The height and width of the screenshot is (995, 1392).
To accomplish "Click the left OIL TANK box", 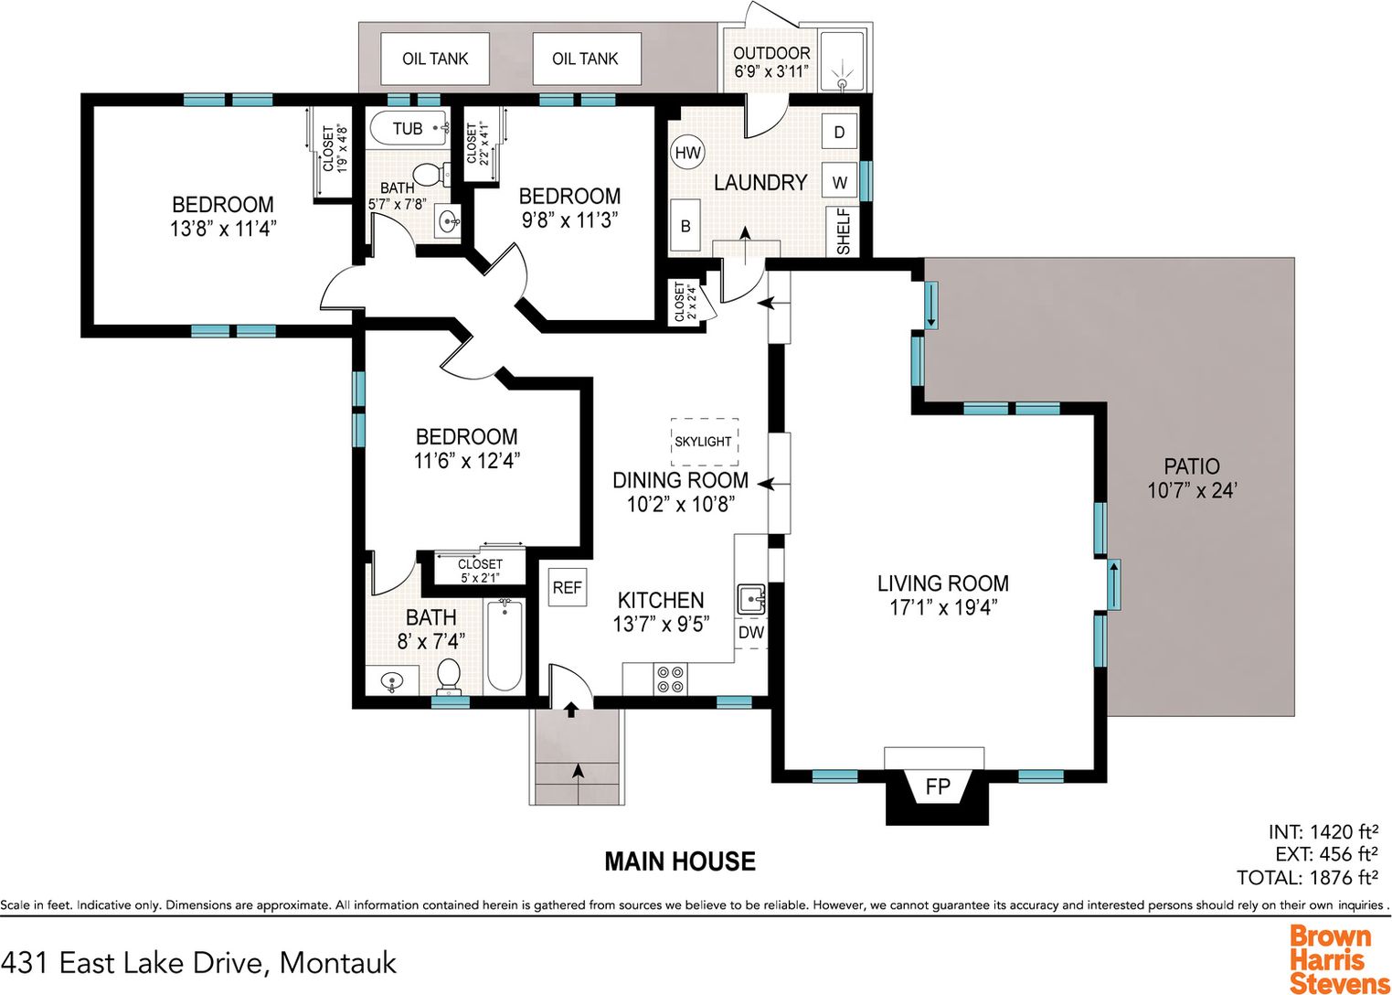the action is (x=435, y=59).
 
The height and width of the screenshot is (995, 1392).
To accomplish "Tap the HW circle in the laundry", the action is (x=688, y=153).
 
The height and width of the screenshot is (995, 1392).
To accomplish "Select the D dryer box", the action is (x=839, y=132).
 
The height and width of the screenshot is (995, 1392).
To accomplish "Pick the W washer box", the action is (x=839, y=182).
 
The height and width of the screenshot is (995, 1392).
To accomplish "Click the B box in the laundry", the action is (x=685, y=226).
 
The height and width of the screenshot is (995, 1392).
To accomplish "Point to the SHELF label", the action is (x=844, y=231).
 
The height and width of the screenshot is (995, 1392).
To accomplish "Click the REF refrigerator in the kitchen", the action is (x=567, y=588).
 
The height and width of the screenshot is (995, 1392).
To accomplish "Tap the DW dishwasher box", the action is (x=751, y=633).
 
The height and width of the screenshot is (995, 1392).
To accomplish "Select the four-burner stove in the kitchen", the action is (x=671, y=679).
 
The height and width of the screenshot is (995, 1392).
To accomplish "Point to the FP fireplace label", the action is (x=937, y=786).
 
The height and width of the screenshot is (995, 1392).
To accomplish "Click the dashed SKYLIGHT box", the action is (x=705, y=442).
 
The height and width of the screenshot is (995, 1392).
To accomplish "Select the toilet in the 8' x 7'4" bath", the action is (x=448, y=677).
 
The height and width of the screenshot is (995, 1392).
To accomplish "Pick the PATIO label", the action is (x=1191, y=465).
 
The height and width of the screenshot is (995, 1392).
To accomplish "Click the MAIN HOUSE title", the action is (x=680, y=861).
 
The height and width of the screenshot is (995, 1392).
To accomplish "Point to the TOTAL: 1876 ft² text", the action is (x=1307, y=877).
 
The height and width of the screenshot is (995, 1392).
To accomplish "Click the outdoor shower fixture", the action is (x=842, y=73).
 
